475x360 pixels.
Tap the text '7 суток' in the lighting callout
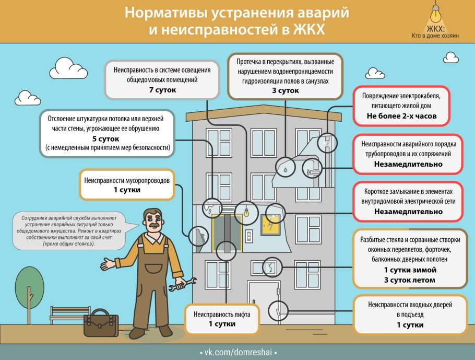(162, 90)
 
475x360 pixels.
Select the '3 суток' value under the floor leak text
(285, 90)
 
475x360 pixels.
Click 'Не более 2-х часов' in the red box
(401, 116)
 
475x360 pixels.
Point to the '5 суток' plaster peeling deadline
(106, 139)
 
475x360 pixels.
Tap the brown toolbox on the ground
(101, 322)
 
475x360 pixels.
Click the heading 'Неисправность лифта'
(222, 315)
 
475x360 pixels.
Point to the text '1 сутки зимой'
(410, 270)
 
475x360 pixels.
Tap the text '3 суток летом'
(410, 280)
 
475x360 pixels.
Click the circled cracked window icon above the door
(271, 268)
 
